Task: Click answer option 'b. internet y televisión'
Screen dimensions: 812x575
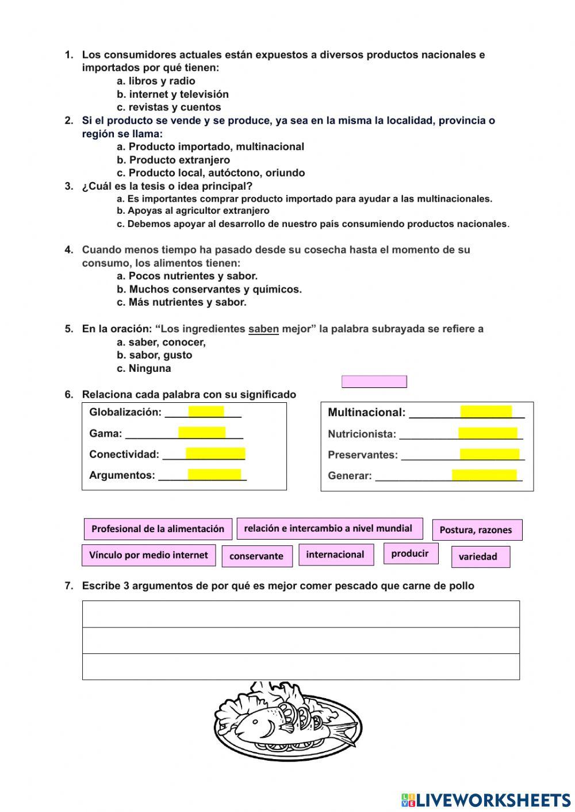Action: tap(172, 94)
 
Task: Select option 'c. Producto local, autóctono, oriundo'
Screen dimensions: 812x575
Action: tap(210, 173)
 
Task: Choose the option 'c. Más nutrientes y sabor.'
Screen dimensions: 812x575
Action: tap(181, 302)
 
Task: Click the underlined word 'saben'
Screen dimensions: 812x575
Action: tap(263, 329)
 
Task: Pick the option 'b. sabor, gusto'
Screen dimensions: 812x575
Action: tap(154, 355)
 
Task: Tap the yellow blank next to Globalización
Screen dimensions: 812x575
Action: tap(206, 411)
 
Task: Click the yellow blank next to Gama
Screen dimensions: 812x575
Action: tap(201, 433)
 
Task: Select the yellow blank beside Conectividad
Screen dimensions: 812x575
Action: tap(215, 454)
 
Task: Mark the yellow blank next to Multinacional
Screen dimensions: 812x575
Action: tap(486, 412)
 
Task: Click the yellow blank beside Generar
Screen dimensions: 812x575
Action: tap(484, 475)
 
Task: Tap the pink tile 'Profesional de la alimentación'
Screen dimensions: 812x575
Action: tap(158, 529)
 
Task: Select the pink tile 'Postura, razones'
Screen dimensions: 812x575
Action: tap(477, 530)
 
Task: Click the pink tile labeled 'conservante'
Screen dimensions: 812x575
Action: tap(256, 556)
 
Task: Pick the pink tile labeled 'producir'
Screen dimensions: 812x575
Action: tap(410, 553)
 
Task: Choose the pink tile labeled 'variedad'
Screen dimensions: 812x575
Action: tap(480, 557)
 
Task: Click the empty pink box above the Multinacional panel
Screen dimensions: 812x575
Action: tap(374, 382)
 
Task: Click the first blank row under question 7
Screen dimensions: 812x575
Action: tap(301, 614)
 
